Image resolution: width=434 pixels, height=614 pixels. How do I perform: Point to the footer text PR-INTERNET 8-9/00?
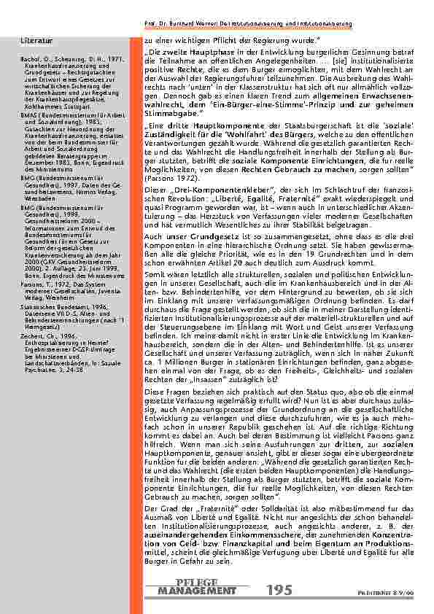[401, 594]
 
